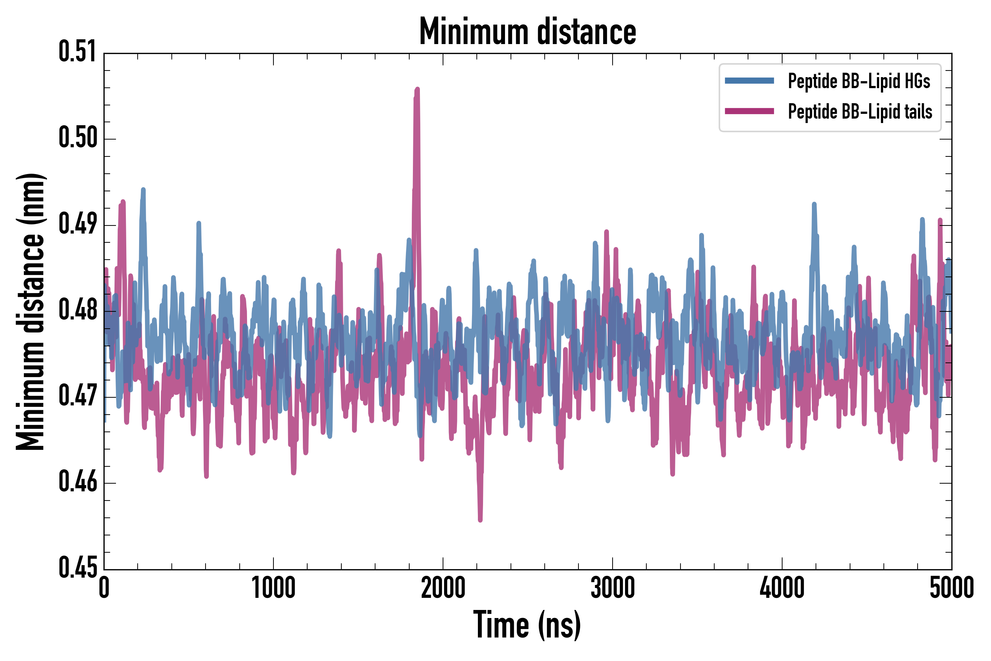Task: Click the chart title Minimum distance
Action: click(527, 31)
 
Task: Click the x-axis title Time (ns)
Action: click(527, 625)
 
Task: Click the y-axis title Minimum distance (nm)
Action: click(30, 311)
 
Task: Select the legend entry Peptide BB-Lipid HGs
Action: click(859, 81)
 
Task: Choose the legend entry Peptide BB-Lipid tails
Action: click(860, 112)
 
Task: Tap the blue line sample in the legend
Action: click(749, 81)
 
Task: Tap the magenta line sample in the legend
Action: click(749, 111)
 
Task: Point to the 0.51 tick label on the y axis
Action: click(77, 52)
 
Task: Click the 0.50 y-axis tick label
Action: click(77, 138)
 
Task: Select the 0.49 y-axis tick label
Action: click(77, 224)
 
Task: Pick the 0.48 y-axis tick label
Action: click(77, 310)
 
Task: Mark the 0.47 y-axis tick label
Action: click(77, 396)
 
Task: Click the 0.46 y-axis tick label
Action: click(77, 482)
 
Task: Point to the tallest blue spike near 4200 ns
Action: click(814, 205)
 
